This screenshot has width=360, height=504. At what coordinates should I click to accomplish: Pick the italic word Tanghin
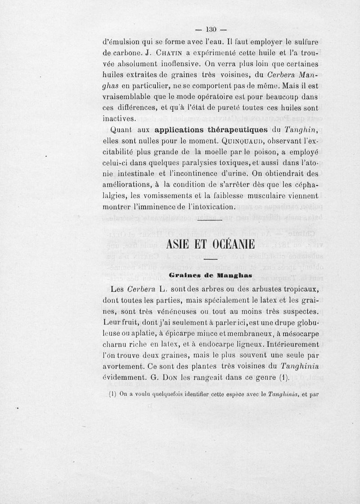[302, 131]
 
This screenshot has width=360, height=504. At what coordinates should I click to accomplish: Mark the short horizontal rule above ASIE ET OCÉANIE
[210, 220]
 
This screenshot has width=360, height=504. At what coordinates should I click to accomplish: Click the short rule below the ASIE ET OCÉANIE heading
[210, 260]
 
